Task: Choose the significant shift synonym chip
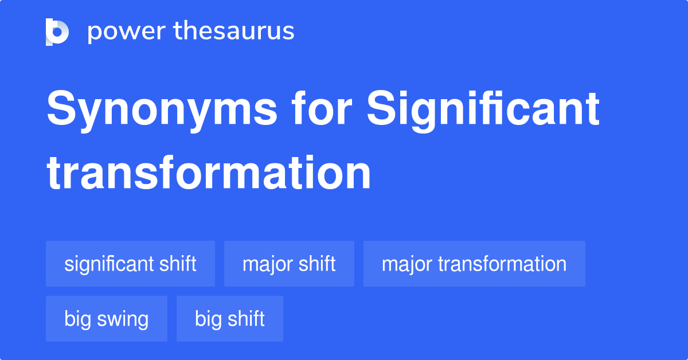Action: [130, 264]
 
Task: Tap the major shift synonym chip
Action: [289, 264]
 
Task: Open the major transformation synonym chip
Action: [474, 264]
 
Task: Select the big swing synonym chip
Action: [107, 319]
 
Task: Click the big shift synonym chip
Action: [230, 319]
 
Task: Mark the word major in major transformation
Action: [406, 264]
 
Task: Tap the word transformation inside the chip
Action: [502, 264]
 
